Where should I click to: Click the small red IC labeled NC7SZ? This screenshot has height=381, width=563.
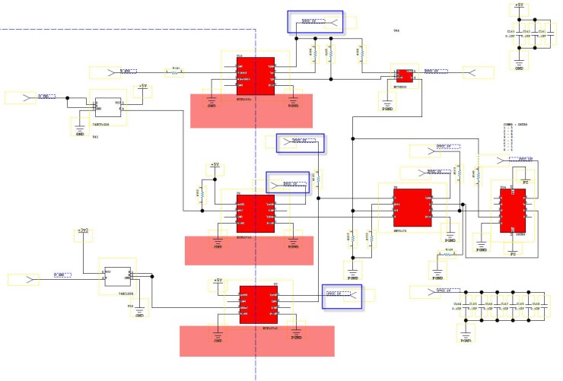[x=403, y=76]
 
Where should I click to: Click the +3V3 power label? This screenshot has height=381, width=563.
[x=83, y=230]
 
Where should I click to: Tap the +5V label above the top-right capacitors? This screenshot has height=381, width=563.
[x=519, y=6]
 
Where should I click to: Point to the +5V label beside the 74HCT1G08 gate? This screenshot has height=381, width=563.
[x=142, y=87]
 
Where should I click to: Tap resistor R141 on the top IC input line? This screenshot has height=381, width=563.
[x=175, y=73]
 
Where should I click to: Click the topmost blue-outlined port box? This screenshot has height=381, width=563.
[x=314, y=22]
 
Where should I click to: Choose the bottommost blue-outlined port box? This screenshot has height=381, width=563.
[x=342, y=297]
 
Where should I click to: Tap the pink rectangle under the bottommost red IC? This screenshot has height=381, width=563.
[x=256, y=340]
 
